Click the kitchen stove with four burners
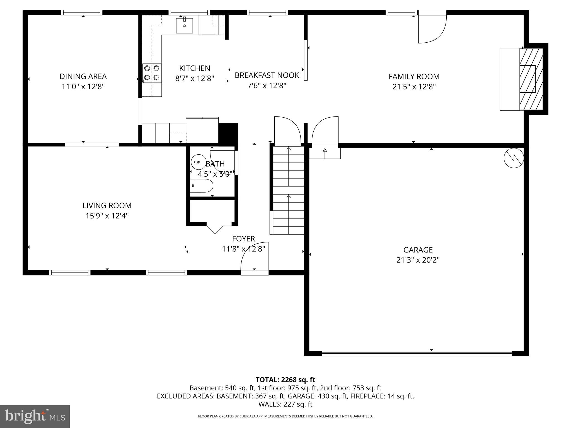(x=152, y=73)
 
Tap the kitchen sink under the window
(x=184, y=26)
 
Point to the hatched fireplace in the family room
(x=531, y=79)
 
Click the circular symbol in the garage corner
(x=514, y=158)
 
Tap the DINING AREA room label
(x=83, y=76)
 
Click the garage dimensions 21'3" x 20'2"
(x=418, y=260)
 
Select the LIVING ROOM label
(x=107, y=206)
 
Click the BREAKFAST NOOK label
(x=267, y=75)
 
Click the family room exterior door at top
(x=432, y=28)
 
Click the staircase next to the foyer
(x=288, y=189)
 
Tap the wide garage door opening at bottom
(x=417, y=353)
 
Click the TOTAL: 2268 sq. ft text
(x=285, y=380)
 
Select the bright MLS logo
(x=35, y=416)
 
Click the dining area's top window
(x=82, y=13)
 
